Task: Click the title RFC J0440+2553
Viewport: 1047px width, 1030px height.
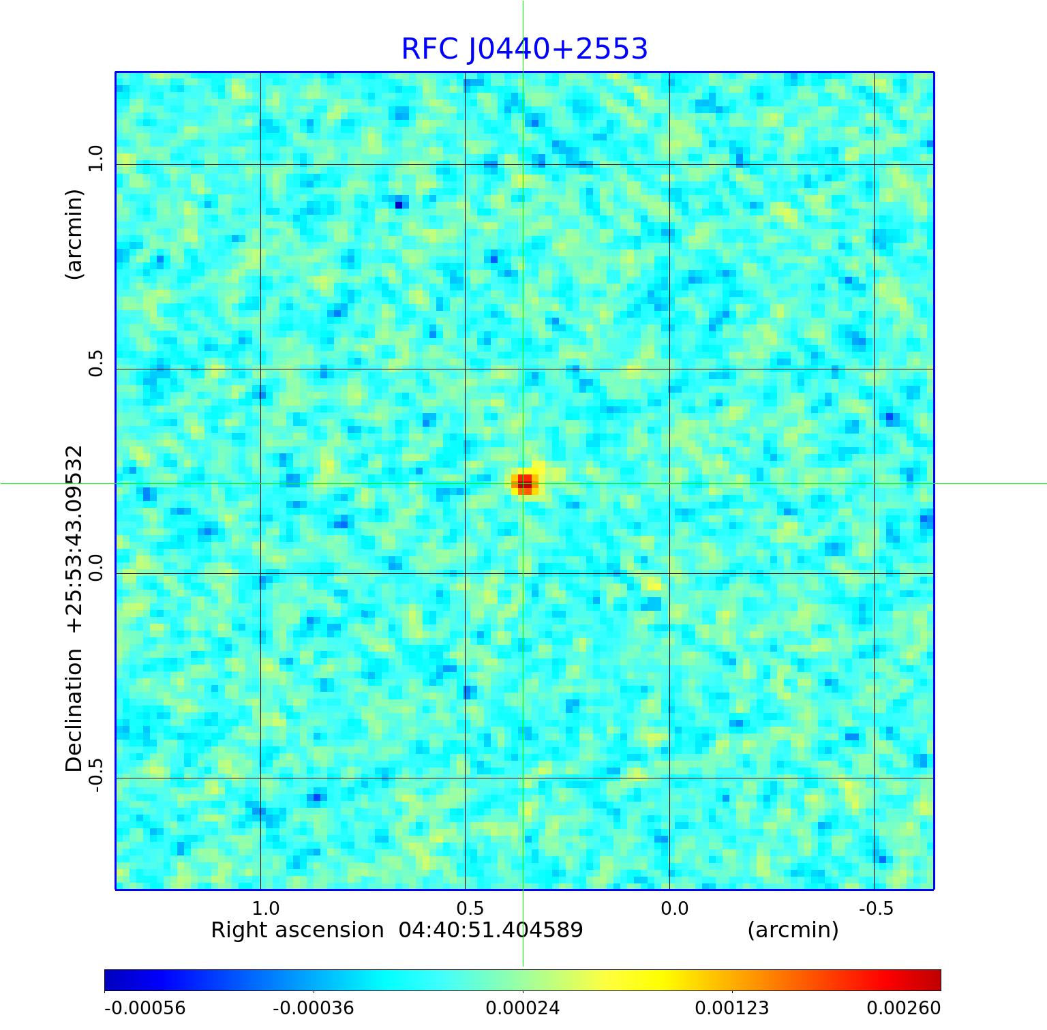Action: pyautogui.click(x=524, y=49)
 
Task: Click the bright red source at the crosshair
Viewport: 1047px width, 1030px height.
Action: pyautogui.click(x=524, y=483)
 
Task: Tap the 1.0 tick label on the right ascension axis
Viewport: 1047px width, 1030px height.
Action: pyautogui.click(x=265, y=908)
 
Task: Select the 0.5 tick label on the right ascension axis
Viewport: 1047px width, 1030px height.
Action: pyautogui.click(x=470, y=908)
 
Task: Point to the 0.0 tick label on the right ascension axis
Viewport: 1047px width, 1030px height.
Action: pyautogui.click(x=674, y=908)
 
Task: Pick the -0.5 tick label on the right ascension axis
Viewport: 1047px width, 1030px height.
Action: pyautogui.click(x=876, y=908)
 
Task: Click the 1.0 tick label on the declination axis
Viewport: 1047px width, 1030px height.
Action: pyautogui.click(x=95, y=158)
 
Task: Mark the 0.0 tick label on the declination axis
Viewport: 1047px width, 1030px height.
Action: pyautogui.click(x=95, y=567)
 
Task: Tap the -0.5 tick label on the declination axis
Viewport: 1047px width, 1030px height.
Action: pyautogui.click(x=95, y=775)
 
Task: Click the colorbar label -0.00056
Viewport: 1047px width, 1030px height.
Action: pyautogui.click(x=145, y=1008)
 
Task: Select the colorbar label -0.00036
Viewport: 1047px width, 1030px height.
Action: pyautogui.click(x=313, y=1008)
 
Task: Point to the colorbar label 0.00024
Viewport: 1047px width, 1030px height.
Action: pyautogui.click(x=522, y=1008)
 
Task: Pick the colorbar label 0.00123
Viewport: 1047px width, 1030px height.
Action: pyautogui.click(x=731, y=1008)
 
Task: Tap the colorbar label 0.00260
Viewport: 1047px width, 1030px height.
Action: pyautogui.click(x=903, y=1008)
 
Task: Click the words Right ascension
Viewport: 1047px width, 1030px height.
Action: pyautogui.click(x=297, y=930)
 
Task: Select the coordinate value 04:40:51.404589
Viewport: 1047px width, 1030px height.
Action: pyautogui.click(x=491, y=930)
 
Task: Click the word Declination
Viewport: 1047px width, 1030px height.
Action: pyautogui.click(x=74, y=710)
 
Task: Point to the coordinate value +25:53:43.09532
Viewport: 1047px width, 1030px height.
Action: pyautogui.click(x=74, y=539)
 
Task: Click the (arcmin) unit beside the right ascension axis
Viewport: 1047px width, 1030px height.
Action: pyautogui.click(x=793, y=930)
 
